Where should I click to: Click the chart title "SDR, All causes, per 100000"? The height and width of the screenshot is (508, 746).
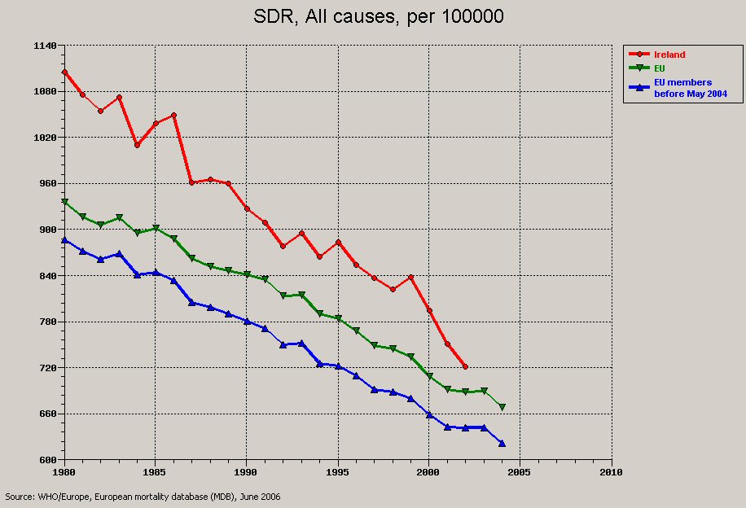click(376, 15)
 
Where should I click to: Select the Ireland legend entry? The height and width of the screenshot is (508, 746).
click(669, 55)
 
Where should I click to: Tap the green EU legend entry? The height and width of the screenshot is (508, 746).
click(660, 68)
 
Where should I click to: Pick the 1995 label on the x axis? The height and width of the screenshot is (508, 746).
click(338, 472)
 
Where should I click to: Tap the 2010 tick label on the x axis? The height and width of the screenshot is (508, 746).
click(611, 472)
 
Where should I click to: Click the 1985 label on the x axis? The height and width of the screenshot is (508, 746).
click(156, 472)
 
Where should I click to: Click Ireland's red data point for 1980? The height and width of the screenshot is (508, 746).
click(64, 72)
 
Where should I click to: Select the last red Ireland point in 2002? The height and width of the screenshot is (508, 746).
click(465, 366)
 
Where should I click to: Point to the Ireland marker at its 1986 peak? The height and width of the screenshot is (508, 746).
click(173, 115)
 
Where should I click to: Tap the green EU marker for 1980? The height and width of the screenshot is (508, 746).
click(64, 201)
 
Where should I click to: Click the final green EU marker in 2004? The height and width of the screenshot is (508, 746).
click(502, 406)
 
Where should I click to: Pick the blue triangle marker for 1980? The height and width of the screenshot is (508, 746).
click(64, 240)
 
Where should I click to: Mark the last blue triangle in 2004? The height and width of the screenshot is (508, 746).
click(502, 444)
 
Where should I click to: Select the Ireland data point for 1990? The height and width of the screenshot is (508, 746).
click(247, 208)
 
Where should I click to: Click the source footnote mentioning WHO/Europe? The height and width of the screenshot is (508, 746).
click(143, 496)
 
